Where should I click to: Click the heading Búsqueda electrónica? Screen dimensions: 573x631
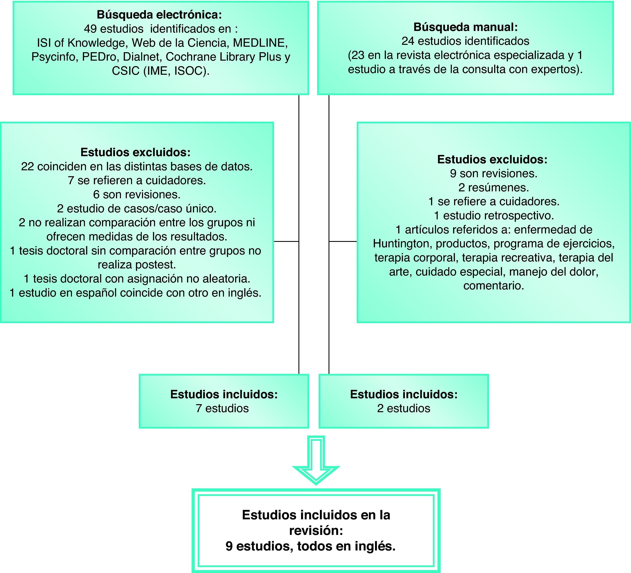point(159,15)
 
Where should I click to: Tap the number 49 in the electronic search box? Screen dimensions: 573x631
point(90,29)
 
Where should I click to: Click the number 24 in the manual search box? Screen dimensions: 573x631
point(408,41)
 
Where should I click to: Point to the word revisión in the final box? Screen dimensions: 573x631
point(316,530)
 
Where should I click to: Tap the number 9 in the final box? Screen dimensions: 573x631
point(229,546)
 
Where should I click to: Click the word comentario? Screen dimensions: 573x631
point(494,286)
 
